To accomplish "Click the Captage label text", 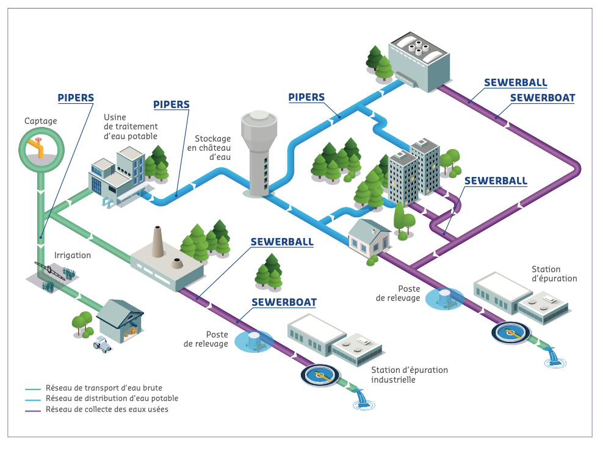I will tap(41, 121).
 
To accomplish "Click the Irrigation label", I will tap(73, 255).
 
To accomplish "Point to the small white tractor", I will tap(102, 345).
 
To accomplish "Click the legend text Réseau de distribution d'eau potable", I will tap(112, 399).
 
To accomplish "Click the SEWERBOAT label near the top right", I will tap(542, 97).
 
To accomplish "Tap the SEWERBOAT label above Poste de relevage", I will tap(284, 302).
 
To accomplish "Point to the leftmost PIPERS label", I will tap(76, 97).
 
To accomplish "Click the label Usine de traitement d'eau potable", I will tap(131, 126).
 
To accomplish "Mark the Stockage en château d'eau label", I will tap(213, 148).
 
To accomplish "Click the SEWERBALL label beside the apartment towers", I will tap(496, 181).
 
